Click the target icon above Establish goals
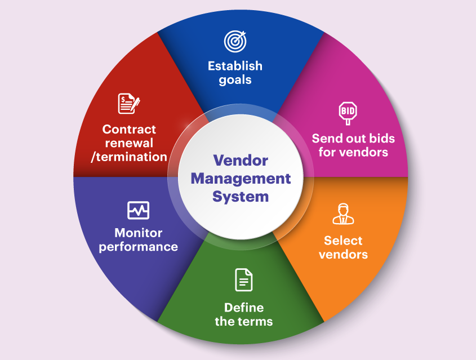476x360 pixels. pos(235,41)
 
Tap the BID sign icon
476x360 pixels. pos(348,113)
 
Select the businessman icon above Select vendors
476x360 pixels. pos(343,214)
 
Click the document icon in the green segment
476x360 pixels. pos(244,279)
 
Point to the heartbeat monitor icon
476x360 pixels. pos(138,210)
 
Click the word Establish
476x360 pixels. pos(235,66)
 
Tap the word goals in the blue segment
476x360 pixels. pos(235,80)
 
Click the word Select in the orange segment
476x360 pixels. pos(343,241)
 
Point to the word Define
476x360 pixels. pos(244,308)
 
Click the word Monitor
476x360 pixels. pos(139,233)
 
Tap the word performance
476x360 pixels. pos(139,247)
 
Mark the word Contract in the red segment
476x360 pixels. pos(129,130)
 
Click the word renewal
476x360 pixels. pos(129,143)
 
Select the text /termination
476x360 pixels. pos(129,157)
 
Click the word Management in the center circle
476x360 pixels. pos(241,179)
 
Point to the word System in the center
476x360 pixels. pos(241,197)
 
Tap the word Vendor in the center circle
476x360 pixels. pos(241,160)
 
